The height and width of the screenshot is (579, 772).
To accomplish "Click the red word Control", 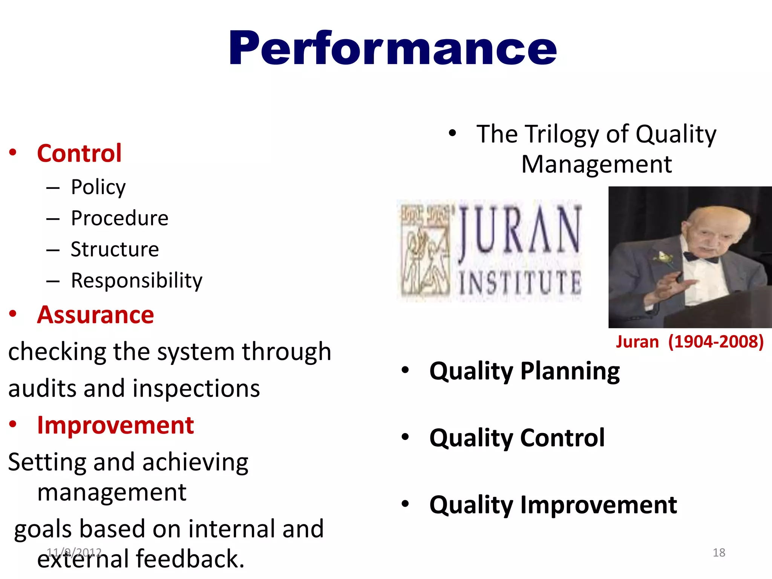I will click(79, 153).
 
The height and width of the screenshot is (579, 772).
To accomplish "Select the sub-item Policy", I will click(98, 187).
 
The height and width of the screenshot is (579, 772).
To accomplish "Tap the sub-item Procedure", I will click(119, 218).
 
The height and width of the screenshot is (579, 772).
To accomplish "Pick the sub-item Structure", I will click(115, 249).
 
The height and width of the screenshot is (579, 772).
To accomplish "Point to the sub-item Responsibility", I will click(136, 280).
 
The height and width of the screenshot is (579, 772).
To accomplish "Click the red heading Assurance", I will click(95, 315).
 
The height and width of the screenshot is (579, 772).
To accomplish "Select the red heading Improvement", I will click(115, 425).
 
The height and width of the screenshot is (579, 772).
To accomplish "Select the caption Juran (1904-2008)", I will click(689, 342).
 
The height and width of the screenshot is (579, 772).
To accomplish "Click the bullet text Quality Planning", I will click(524, 371).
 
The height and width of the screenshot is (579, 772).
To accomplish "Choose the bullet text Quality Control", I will click(517, 438).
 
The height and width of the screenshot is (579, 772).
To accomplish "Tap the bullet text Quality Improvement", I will click(553, 505).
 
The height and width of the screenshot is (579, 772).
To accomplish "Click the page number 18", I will click(719, 553).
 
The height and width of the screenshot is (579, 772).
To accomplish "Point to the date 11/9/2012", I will click(74, 552).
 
